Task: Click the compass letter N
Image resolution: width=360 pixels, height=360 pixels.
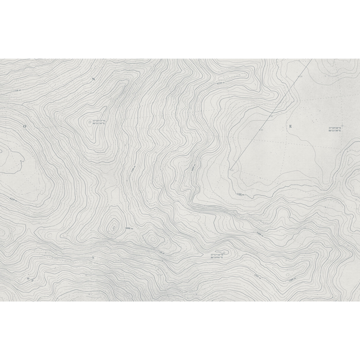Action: coord(93,79)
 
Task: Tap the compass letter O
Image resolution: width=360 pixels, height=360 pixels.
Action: coord(25,127)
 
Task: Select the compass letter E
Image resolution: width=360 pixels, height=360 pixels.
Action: coord(290,126)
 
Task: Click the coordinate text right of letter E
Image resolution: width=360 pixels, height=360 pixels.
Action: coord(335,129)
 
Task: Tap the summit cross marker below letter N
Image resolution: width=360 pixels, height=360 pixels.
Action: coord(89,121)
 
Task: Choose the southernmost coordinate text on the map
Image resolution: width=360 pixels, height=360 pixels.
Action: coord(217,256)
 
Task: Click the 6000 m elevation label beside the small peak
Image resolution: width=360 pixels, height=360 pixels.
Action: coord(128,228)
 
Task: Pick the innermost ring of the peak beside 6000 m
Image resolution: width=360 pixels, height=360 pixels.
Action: coord(114,227)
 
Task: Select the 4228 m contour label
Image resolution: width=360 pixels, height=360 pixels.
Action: coord(13,199)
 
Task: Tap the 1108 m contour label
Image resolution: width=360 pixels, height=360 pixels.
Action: coord(240,195)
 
